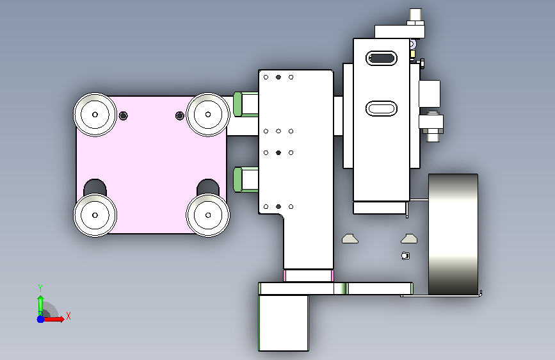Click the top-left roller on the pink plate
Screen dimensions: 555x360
click(95, 115)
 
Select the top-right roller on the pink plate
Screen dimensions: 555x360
click(208, 115)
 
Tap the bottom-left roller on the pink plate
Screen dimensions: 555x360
click(95, 215)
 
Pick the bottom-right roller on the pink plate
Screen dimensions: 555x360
click(208, 215)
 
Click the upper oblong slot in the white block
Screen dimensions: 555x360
click(382, 58)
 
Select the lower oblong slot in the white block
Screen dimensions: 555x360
click(382, 108)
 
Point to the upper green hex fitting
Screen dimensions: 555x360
click(246, 104)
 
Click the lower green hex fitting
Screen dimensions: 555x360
click(246, 179)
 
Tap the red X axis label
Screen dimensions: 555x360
click(68, 316)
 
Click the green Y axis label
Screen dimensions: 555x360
click(40, 288)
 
